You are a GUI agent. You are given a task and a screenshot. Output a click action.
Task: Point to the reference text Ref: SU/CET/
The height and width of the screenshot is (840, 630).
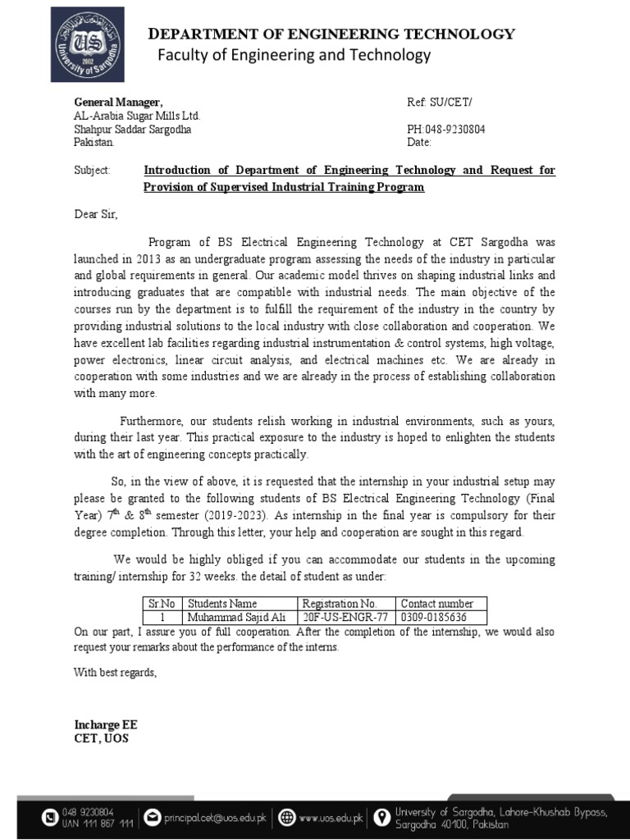(x=440, y=102)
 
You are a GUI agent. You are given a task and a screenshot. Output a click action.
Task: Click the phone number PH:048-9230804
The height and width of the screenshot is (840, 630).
(x=445, y=130)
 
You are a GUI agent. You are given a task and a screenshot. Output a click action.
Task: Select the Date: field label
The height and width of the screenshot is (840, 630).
(x=419, y=143)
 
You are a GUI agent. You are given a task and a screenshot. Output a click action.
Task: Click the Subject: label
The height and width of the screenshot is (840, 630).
(x=91, y=171)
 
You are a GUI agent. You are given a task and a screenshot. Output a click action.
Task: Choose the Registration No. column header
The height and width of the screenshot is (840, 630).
(x=339, y=604)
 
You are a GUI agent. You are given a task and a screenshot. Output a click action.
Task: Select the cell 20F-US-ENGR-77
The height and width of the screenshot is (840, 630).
(x=345, y=618)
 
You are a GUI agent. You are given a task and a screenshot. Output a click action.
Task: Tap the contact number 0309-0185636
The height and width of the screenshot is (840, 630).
(x=433, y=618)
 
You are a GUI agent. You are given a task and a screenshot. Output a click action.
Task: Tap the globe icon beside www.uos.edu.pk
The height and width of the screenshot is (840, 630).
(x=286, y=817)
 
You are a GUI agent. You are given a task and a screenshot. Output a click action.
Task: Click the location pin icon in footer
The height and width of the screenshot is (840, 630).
(x=381, y=817)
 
